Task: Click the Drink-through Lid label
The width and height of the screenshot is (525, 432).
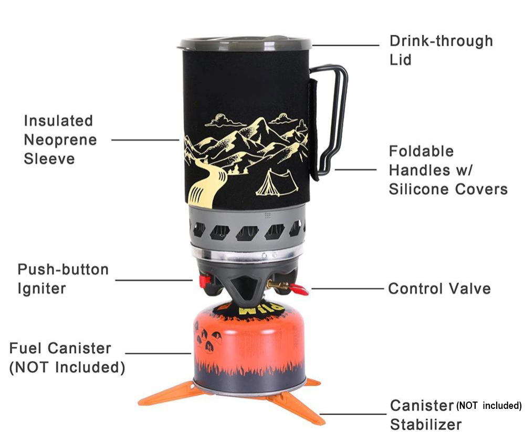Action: point(441,50)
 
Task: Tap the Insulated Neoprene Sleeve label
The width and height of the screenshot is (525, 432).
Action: point(60,140)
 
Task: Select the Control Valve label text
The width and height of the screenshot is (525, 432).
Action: point(439,289)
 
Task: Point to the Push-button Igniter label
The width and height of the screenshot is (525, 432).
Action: point(63,279)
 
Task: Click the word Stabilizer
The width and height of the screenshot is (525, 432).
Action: point(426,425)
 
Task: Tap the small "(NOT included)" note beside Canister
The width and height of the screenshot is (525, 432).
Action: point(489,406)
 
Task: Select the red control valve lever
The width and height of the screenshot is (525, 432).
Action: point(299,289)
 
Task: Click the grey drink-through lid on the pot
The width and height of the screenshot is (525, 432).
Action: point(245,44)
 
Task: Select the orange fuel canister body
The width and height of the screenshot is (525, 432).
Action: point(249,349)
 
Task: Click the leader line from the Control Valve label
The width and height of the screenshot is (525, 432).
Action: point(347,288)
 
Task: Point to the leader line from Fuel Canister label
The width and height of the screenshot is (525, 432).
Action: point(158,353)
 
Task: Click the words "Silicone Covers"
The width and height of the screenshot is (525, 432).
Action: point(448,189)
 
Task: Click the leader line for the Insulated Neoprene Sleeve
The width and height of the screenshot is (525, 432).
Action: point(145,140)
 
